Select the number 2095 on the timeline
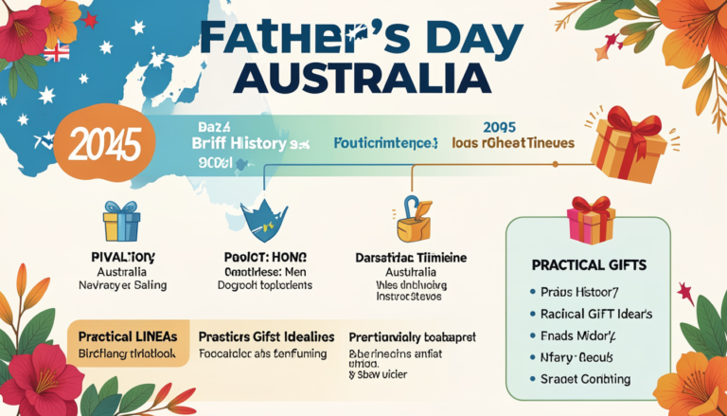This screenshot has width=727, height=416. tap(499, 127)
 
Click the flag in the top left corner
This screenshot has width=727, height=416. tap(57, 52)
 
